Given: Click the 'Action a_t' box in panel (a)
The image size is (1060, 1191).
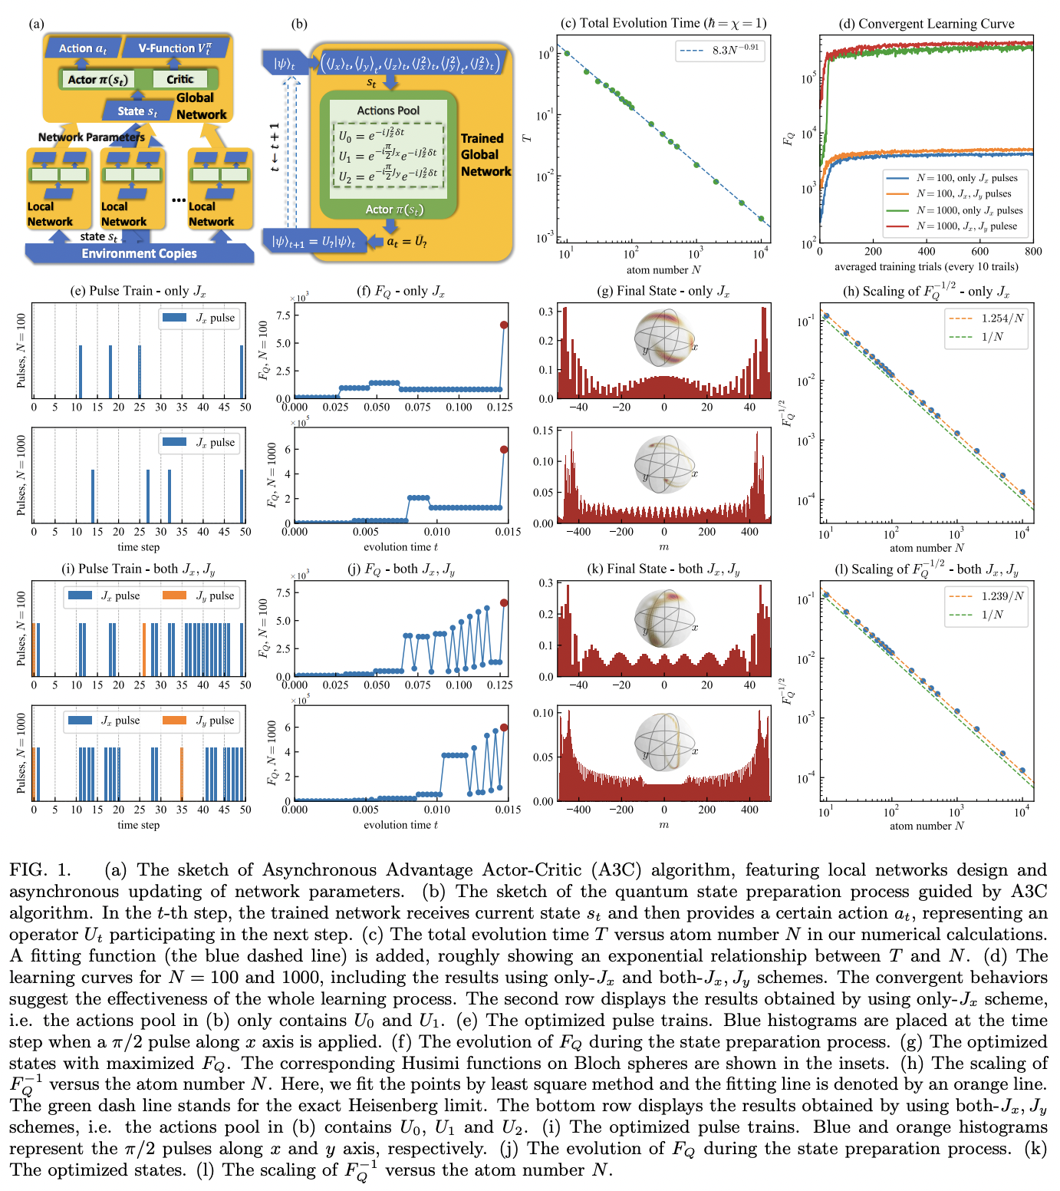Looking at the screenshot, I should [83, 48].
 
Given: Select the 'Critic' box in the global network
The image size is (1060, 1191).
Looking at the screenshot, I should [179, 79].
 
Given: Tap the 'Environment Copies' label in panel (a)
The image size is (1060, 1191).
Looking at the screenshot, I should [139, 253].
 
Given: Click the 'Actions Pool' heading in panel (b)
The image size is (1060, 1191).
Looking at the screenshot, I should [388, 111].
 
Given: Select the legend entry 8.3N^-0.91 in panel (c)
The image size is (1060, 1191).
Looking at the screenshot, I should [720, 50].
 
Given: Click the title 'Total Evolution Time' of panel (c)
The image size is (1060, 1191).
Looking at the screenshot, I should [663, 23].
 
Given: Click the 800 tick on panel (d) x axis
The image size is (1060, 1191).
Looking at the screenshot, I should [1032, 251].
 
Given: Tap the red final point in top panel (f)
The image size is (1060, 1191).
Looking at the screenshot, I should [504, 325].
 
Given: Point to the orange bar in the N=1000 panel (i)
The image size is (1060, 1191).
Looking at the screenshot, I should [181, 774].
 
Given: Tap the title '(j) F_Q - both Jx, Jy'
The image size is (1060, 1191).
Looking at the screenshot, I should [400, 569].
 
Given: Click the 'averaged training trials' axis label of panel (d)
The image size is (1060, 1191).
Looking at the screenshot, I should [926, 267].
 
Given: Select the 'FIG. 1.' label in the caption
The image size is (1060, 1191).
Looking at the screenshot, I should [40, 870].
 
